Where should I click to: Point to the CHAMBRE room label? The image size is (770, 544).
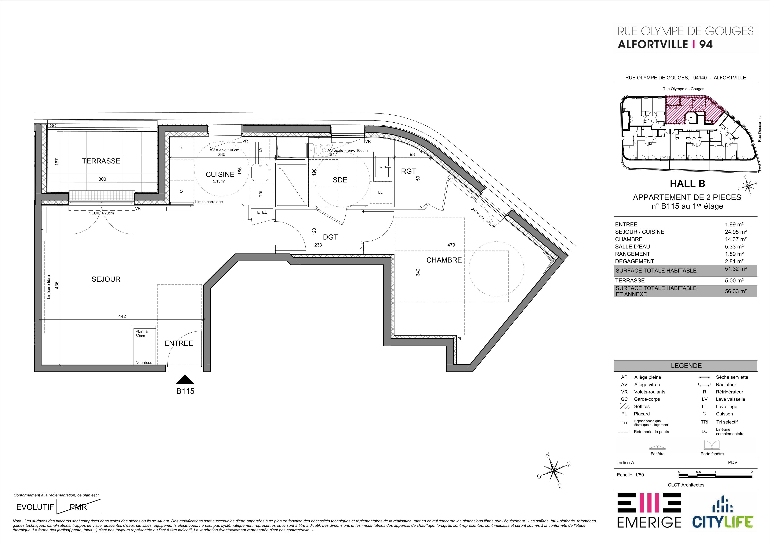tap(444, 260)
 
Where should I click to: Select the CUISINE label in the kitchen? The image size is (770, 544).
tap(220, 174)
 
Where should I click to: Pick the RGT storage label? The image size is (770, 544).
tap(408, 171)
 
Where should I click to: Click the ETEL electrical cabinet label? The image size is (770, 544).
tap(262, 212)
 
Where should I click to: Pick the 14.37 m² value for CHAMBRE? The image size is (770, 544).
tap(736, 239)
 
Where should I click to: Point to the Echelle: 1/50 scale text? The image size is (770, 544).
tap(630, 475)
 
